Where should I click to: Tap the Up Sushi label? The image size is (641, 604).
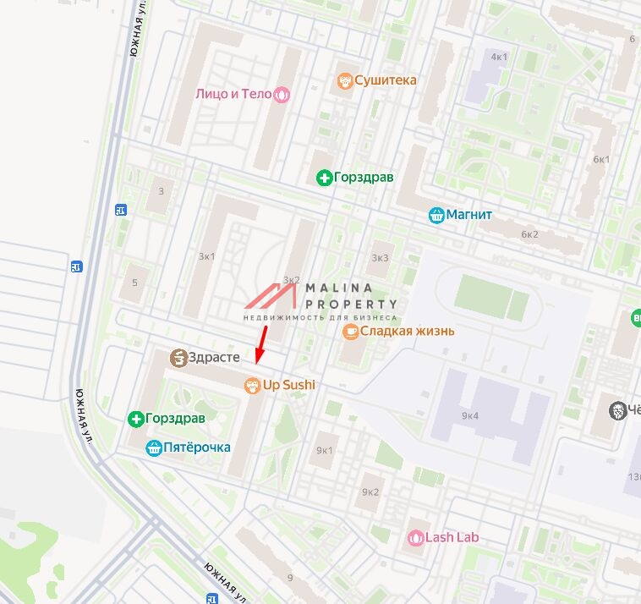point(288,386)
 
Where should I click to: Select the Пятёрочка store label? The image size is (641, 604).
point(197,448)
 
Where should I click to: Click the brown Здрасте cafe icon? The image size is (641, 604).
point(178,359)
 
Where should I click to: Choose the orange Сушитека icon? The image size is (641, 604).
point(344,80)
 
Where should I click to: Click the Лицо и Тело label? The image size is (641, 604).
point(233,94)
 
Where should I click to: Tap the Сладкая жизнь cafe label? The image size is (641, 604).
point(407,331)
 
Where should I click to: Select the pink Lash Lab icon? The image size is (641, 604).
point(415,537)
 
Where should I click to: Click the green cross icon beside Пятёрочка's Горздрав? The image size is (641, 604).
point(134,419)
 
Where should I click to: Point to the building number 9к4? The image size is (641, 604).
point(470,415)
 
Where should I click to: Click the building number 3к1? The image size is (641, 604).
point(206,256)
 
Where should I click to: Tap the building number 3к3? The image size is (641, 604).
point(381,258)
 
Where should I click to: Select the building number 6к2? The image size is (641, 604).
point(529,234)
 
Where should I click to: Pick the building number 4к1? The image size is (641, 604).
point(499,57)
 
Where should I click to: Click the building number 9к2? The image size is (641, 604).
point(370,491)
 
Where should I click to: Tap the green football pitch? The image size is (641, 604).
point(491,299)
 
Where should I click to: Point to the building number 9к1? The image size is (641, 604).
point(324,450)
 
